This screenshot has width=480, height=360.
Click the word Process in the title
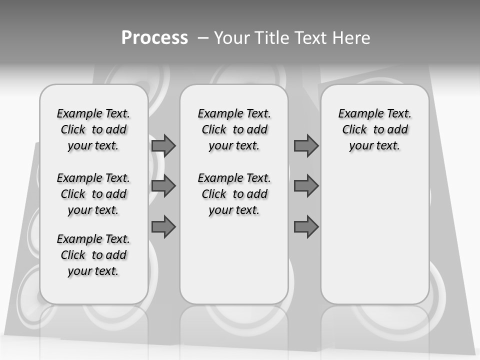154,38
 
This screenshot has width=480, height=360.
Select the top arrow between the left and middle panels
163,145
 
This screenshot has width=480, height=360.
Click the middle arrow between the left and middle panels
163,186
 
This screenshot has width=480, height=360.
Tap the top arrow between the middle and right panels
306,145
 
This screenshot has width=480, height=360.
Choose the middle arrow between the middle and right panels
306,186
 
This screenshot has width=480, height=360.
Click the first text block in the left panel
93,129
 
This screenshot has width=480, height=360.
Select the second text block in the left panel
93,194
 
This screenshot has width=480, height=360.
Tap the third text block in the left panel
93,255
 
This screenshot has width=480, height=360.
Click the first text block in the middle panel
234,129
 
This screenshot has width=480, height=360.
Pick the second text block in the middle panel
234,194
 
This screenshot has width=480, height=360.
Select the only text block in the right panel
374,129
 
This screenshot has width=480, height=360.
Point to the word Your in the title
233,38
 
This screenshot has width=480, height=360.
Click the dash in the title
203,38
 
